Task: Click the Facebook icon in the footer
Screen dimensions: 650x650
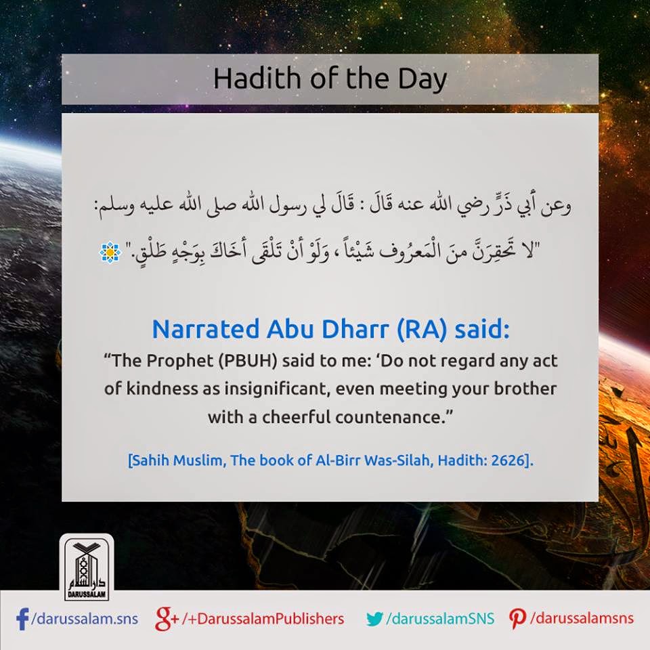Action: (22, 617)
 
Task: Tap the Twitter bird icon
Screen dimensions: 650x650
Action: (374, 618)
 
